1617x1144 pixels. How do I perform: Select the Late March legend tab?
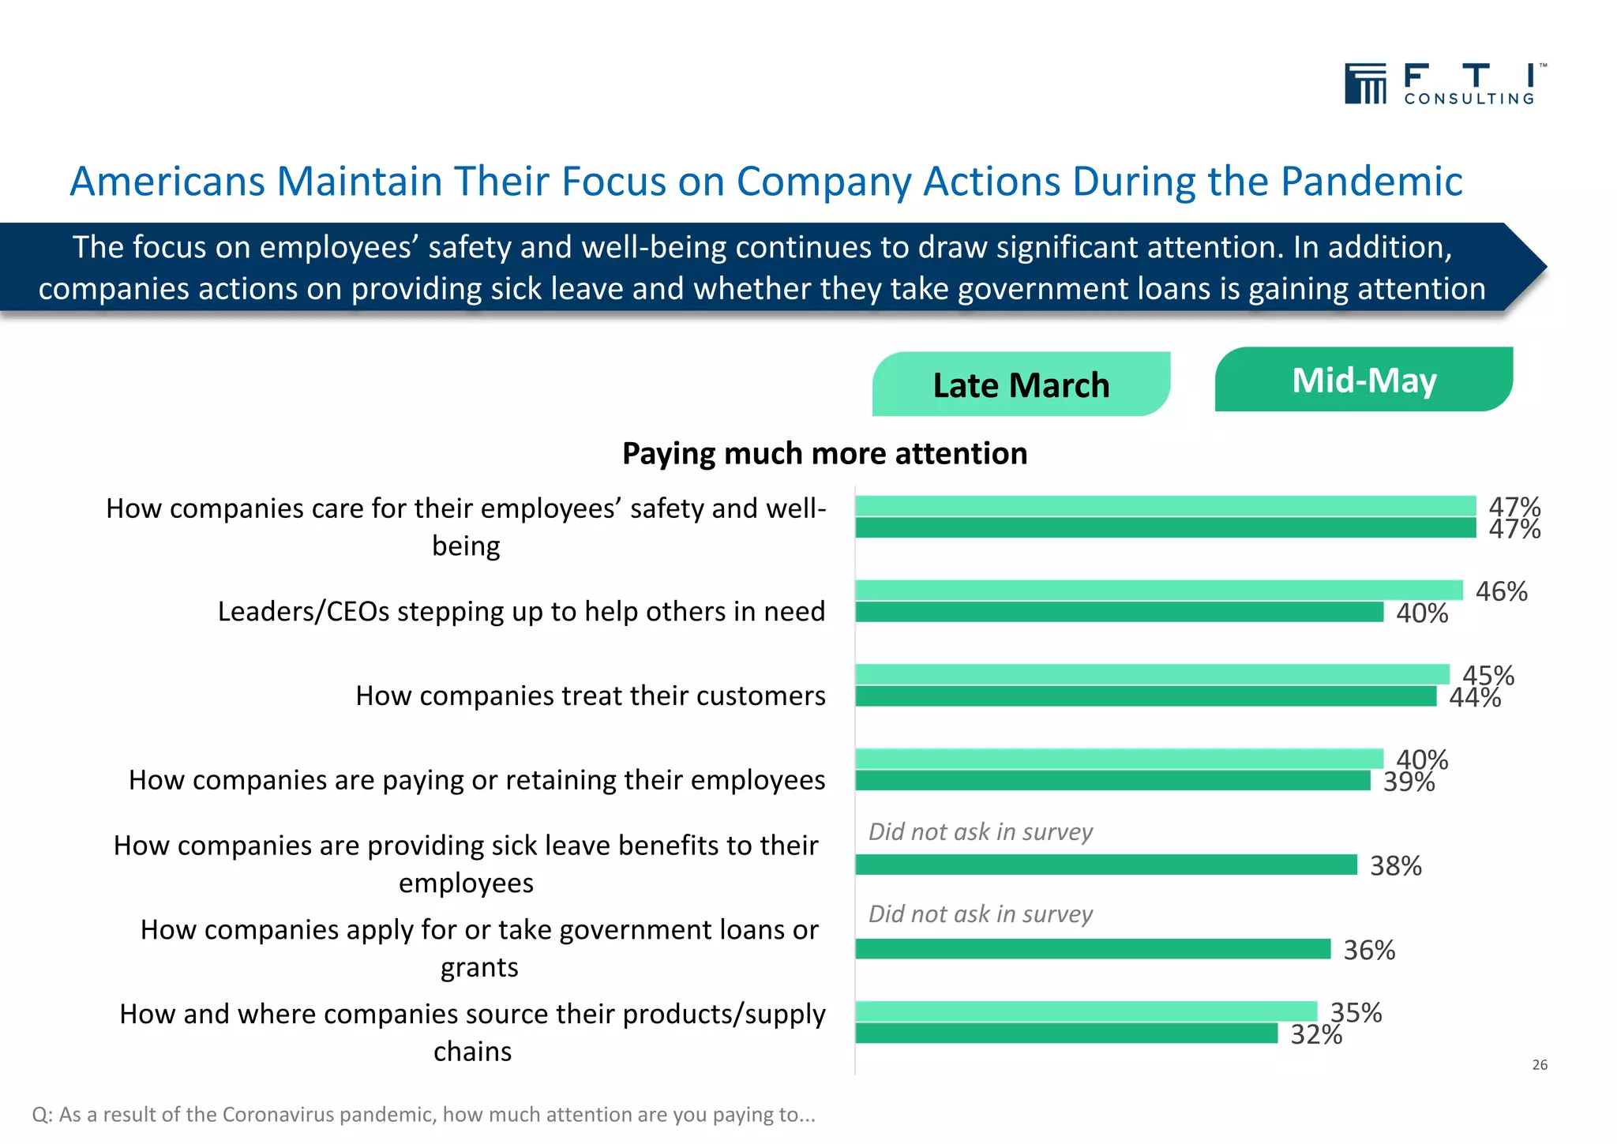coord(1020,384)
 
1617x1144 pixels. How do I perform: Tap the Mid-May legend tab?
coord(1364,380)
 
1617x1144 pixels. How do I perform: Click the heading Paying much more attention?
coord(824,453)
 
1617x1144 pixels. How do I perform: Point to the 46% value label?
coord(1501,591)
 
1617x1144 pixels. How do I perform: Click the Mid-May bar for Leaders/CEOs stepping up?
coord(1119,612)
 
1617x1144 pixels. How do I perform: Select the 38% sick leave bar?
coord(1105,865)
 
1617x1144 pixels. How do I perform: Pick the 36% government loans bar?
coord(1093,949)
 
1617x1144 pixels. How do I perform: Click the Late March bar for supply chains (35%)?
coord(1086,1011)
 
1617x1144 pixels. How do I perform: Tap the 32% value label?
coord(1315,1034)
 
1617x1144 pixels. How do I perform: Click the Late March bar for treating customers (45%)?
coord(1152,674)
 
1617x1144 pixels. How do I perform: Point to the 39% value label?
coord(1409,782)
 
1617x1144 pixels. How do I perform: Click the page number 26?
coord(1539,1065)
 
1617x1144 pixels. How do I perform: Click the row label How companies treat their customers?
coord(590,696)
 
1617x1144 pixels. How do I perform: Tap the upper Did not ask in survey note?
coord(980,831)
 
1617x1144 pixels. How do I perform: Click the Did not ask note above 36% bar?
coord(980,913)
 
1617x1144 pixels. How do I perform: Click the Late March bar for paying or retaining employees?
coord(1119,759)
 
